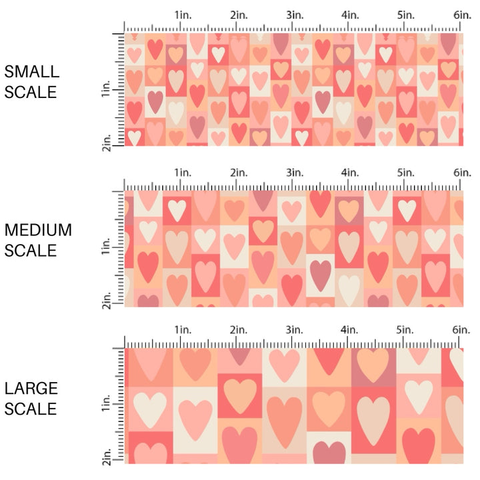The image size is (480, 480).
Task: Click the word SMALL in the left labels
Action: click(32, 71)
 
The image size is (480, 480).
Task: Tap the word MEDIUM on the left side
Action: click(38, 230)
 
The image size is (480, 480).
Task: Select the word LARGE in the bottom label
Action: click(31, 388)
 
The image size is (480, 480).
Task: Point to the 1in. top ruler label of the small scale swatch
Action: click(183, 15)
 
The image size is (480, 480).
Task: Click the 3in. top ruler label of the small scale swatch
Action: click(295, 15)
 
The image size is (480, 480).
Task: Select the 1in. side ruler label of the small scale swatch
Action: click(107, 89)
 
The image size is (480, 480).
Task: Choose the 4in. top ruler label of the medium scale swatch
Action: click(351, 173)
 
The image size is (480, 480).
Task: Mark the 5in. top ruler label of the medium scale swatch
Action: click(407, 173)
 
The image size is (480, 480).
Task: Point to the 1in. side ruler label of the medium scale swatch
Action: click(107, 248)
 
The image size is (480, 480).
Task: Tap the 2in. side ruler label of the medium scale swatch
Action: click(107, 301)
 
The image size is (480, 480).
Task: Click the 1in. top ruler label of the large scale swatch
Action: click(183, 330)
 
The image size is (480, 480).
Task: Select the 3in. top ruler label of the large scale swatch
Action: click(295, 330)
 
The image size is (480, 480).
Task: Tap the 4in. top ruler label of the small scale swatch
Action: click(351, 15)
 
